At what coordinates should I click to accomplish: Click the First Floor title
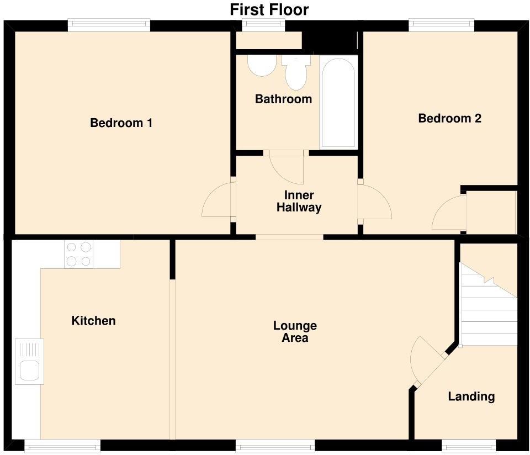[x=269, y=9]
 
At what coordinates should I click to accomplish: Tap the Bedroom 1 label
[x=121, y=123]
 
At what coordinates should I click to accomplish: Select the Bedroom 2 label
[x=449, y=118]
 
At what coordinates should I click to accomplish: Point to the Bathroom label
[x=283, y=99]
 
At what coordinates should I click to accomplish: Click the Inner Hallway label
[x=299, y=201]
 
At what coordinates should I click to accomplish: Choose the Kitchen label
[x=93, y=320]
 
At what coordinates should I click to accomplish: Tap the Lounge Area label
[x=295, y=332]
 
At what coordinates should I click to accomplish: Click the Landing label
[x=471, y=396]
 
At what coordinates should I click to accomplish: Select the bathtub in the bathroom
[x=338, y=102]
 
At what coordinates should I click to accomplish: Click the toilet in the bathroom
[x=296, y=72]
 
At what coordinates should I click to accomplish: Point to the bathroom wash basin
[x=262, y=65]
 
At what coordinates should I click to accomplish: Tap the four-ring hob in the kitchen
[x=79, y=254]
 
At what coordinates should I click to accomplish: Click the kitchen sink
[x=29, y=361]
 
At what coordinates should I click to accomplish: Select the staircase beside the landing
[x=487, y=304]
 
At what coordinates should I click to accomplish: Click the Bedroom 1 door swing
[x=217, y=199]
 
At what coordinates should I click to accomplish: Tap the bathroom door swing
[x=287, y=169]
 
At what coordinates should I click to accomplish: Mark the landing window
[x=469, y=445]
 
